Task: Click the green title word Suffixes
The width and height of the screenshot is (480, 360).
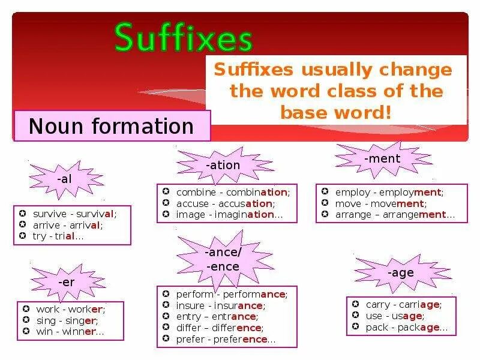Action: tap(184, 38)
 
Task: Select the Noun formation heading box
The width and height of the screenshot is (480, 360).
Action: tap(112, 126)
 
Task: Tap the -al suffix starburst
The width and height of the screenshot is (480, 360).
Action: tap(64, 179)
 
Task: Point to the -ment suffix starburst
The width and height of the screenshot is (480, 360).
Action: tap(382, 159)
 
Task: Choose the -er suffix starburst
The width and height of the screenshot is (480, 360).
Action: tap(65, 281)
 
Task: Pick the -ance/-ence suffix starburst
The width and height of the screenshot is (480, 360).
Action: tap(222, 259)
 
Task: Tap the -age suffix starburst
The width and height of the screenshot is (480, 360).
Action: tap(400, 273)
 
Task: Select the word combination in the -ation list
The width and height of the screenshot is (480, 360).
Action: tap(260, 193)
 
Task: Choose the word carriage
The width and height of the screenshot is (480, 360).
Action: tap(419, 305)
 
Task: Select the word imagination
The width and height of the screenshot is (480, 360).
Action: tap(252, 215)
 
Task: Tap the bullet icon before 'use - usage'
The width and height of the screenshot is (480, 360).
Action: tap(355, 316)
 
